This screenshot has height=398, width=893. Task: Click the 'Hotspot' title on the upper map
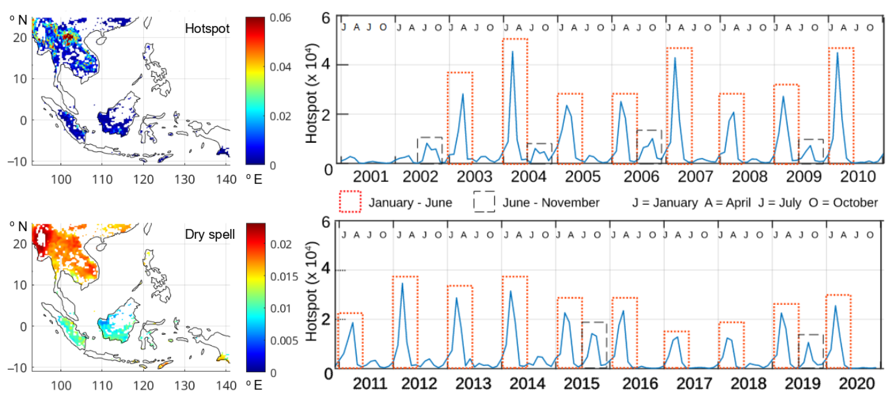207,28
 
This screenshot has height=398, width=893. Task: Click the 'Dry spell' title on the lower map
209,234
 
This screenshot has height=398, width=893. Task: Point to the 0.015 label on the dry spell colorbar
284,277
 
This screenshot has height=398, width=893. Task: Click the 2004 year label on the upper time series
528,177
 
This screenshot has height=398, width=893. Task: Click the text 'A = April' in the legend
727,203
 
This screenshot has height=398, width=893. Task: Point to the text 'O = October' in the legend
843,203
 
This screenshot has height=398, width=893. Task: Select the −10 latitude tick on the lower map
17,367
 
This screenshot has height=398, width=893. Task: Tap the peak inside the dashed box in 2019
808,342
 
